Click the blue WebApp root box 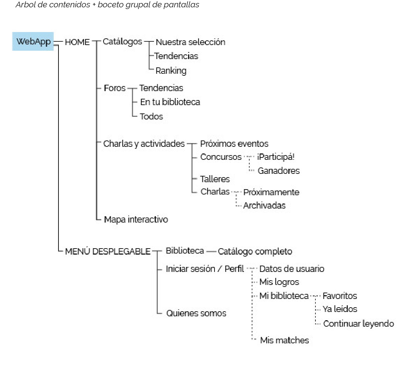point(33,41)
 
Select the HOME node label point(77,42)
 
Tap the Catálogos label point(122,42)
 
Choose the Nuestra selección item point(190,42)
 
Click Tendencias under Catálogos point(176,56)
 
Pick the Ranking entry point(171,71)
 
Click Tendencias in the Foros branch point(161,88)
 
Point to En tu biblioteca point(170,102)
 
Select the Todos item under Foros point(151,116)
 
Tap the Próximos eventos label point(234,144)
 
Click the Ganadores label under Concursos point(279,171)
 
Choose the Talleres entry point(215,179)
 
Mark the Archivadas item point(264,206)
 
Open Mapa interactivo point(136,220)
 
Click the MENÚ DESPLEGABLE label point(108,252)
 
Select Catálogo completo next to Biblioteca point(255,252)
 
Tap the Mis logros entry point(279,282)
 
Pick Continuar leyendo point(359,324)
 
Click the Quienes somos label point(196,313)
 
